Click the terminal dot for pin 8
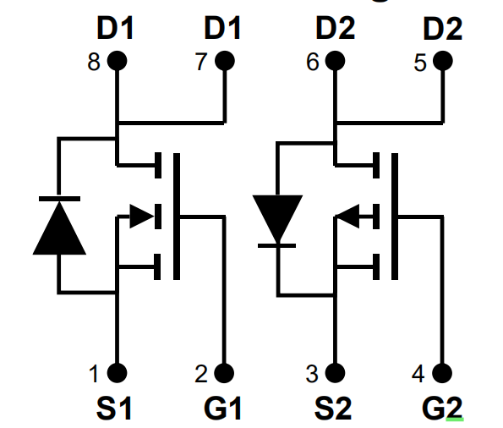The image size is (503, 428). point(117,61)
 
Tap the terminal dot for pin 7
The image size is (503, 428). point(225,61)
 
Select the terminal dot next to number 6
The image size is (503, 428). point(336,61)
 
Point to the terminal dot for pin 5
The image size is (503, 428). point(443,61)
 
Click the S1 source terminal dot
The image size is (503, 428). point(117,373)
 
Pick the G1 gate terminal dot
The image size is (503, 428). point(224,373)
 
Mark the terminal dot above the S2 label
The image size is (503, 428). point(335,373)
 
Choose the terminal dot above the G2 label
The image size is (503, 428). point(442,373)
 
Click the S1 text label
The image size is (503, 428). point(114,408)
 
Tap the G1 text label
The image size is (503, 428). point(222,408)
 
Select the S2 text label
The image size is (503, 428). point(333,408)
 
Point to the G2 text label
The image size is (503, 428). point(443,408)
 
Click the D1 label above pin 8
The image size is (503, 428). point(115,28)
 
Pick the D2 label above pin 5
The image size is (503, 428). point(443,29)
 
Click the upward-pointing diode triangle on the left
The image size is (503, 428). point(59,228)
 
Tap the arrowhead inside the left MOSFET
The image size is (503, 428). point(142,216)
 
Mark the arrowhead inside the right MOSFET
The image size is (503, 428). point(347,216)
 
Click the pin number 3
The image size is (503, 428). point(312,374)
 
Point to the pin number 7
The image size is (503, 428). point(201,62)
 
